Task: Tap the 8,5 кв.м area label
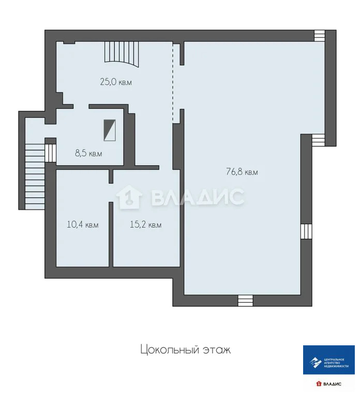click(88, 153)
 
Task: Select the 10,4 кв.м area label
click(82, 225)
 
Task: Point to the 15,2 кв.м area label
click(145, 225)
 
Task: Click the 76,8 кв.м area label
click(242, 173)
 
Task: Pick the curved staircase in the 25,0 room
click(122, 54)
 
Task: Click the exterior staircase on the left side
click(34, 176)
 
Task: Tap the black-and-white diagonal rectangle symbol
click(110, 130)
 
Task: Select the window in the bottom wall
click(245, 300)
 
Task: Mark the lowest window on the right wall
click(307, 231)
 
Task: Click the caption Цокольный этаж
click(185, 350)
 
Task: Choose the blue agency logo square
click(328, 359)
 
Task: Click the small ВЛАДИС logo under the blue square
click(328, 384)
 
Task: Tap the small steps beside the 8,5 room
click(51, 152)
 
